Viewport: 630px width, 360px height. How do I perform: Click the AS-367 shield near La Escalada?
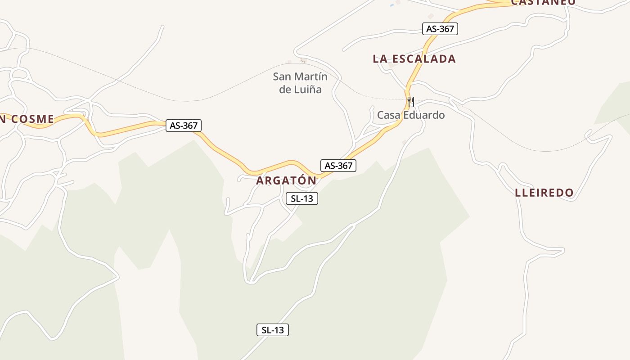point(440,29)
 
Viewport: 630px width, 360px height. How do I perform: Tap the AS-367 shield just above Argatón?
point(338,166)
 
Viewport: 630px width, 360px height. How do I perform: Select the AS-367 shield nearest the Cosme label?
point(183,126)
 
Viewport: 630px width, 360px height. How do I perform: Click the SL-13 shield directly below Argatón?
point(301,198)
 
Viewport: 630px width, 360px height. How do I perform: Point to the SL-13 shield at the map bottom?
point(273,330)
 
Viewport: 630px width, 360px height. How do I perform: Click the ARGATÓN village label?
point(286,180)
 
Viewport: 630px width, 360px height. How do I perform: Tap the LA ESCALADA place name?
point(414,59)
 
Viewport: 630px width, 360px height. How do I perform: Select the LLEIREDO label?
point(544,193)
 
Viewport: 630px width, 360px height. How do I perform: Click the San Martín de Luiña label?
point(300,83)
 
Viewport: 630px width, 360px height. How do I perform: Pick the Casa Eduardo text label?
point(411,115)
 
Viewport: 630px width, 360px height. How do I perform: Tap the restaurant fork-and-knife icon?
point(410,101)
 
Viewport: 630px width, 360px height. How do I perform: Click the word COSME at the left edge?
point(32,119)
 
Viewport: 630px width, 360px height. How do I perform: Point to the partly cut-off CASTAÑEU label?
point(543,2)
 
